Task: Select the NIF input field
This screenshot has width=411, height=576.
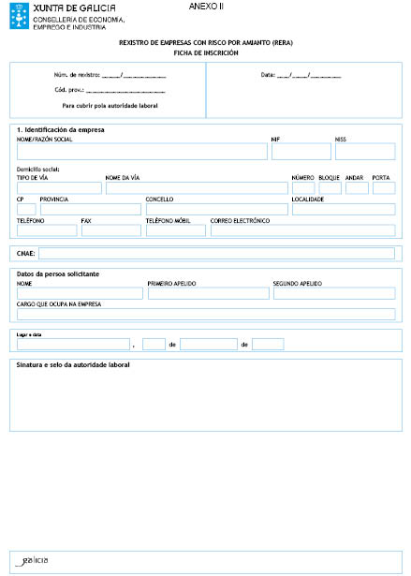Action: [300, 152]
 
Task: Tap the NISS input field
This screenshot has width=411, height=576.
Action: [364, 152]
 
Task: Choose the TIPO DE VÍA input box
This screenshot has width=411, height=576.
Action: [58, 188]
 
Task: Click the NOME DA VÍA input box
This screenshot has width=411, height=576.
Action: [196, 188]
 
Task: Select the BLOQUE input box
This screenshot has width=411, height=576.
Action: [329, 188]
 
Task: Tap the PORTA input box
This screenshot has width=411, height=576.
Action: [383, 188]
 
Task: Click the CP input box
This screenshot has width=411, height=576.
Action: [26, 209]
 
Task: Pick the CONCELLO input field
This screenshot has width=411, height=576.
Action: [215, 209]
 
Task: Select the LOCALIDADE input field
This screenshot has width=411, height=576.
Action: [343, 209]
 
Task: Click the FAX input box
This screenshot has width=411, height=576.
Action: [110, 229]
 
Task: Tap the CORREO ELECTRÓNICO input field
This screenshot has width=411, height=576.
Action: [302, 229]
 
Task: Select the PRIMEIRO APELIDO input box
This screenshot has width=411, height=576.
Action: [206, 293]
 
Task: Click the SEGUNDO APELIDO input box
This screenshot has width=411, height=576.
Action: [333, 293]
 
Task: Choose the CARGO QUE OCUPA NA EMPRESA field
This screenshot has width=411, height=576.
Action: [206, 314]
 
